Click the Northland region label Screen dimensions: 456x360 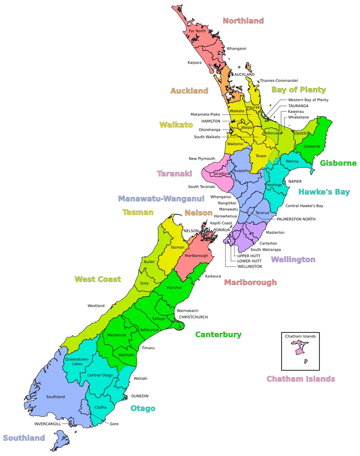[243, 21]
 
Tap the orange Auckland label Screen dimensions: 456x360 [189, 91]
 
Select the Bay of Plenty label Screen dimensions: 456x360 [298, 89]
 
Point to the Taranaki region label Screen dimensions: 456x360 [174, 174]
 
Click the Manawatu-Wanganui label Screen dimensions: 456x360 [161, 198]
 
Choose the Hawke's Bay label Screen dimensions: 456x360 [324, 192]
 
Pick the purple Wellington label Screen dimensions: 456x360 [293, 259]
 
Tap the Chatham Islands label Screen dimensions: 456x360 [301, 379]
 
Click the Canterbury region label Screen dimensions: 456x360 [218, 335]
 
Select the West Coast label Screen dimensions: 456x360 [98, 279]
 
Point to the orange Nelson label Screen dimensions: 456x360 [198, 212]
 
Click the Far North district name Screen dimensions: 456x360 [197, 31]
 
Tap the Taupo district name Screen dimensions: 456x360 [261, 156]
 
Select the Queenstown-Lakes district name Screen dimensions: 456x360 [77, 361]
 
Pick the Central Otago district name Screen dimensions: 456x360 [100, 375]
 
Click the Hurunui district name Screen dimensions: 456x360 [174, 288]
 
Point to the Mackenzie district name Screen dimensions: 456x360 [116, 335]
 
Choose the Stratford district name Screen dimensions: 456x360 [221, 174]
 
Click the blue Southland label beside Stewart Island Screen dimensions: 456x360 [24, 438]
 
